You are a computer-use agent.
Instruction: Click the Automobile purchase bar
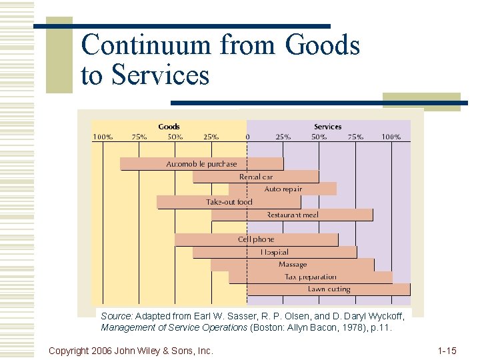pos(201,164)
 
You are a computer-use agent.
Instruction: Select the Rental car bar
pos(256,177)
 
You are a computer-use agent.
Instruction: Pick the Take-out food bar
pos(229,202)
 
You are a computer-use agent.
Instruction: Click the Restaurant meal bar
pos(292,215)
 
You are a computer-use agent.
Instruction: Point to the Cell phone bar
pos(256,239)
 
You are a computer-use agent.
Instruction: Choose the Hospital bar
pos(274,252)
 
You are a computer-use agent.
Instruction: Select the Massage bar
pos(292,265)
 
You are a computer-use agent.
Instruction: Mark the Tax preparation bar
pos(310,277)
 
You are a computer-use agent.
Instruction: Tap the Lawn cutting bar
pos(328,289)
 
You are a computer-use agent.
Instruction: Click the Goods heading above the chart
pos(169,127)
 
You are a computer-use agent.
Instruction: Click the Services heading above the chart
pos(327,127)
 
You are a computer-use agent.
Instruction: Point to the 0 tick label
pos(247,137)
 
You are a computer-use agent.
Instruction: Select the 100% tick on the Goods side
pos(103,137)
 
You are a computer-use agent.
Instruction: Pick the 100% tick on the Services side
pos(391,137)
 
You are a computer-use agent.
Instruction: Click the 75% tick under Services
pos(355,137)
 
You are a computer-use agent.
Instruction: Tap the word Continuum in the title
pos(147,45)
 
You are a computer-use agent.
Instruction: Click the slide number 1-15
pos(447,350)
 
